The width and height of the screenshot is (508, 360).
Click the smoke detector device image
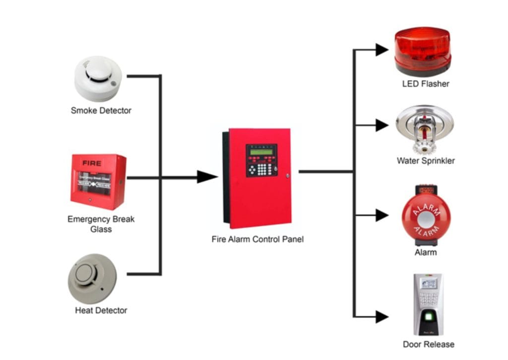tap(98, 78)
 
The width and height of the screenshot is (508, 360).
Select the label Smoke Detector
tap(101, 110)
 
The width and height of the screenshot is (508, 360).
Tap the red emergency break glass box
tap(98, 181)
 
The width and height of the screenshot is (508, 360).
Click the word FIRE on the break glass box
tap(92, 163)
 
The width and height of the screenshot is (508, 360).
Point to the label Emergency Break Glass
tap(101, 224)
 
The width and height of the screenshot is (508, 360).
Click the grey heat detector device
tap(92, 279)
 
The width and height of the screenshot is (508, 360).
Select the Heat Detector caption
tap(101, 310)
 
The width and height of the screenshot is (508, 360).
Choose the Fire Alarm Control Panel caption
tap(257, 239)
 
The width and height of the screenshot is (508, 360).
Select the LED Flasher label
tap(425, 83)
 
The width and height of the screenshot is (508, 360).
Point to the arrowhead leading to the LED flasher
tap(381, 49)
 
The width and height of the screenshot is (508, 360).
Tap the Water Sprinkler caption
tap(425, 160)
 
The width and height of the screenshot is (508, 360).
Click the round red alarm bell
tap(425, 217)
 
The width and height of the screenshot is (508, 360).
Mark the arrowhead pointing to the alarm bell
tap(381, 216)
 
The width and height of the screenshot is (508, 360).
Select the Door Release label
tap(428, 344)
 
